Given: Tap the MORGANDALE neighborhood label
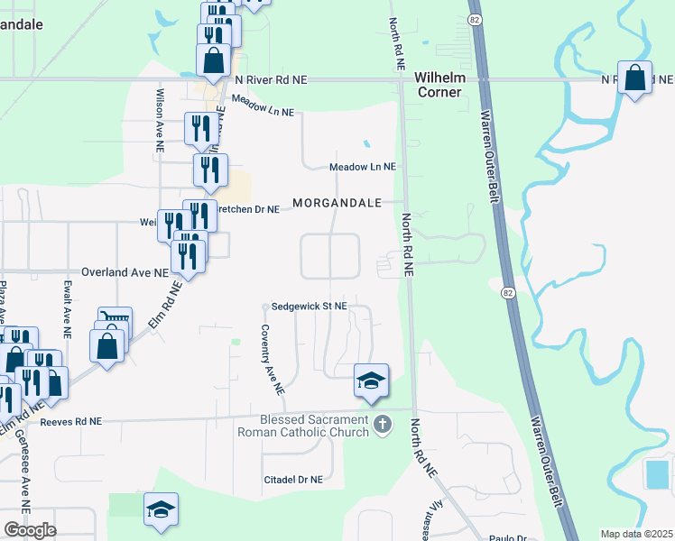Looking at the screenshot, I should tap(337, 202).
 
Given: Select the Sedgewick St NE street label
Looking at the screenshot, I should tap(309, 307).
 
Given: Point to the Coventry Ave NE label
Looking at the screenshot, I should tap(273, 360).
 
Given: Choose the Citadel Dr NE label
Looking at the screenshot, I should tap(292, 481).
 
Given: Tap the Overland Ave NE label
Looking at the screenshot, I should tap(125, 271).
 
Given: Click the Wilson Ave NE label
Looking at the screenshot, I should tap(158, 115).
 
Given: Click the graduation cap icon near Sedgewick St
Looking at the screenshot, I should tap(370, 381).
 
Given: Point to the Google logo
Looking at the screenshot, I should tap(30, 530).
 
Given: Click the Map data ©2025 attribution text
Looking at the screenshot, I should tap(636, 534).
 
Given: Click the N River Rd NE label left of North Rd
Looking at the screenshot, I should tap(270, 80).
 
